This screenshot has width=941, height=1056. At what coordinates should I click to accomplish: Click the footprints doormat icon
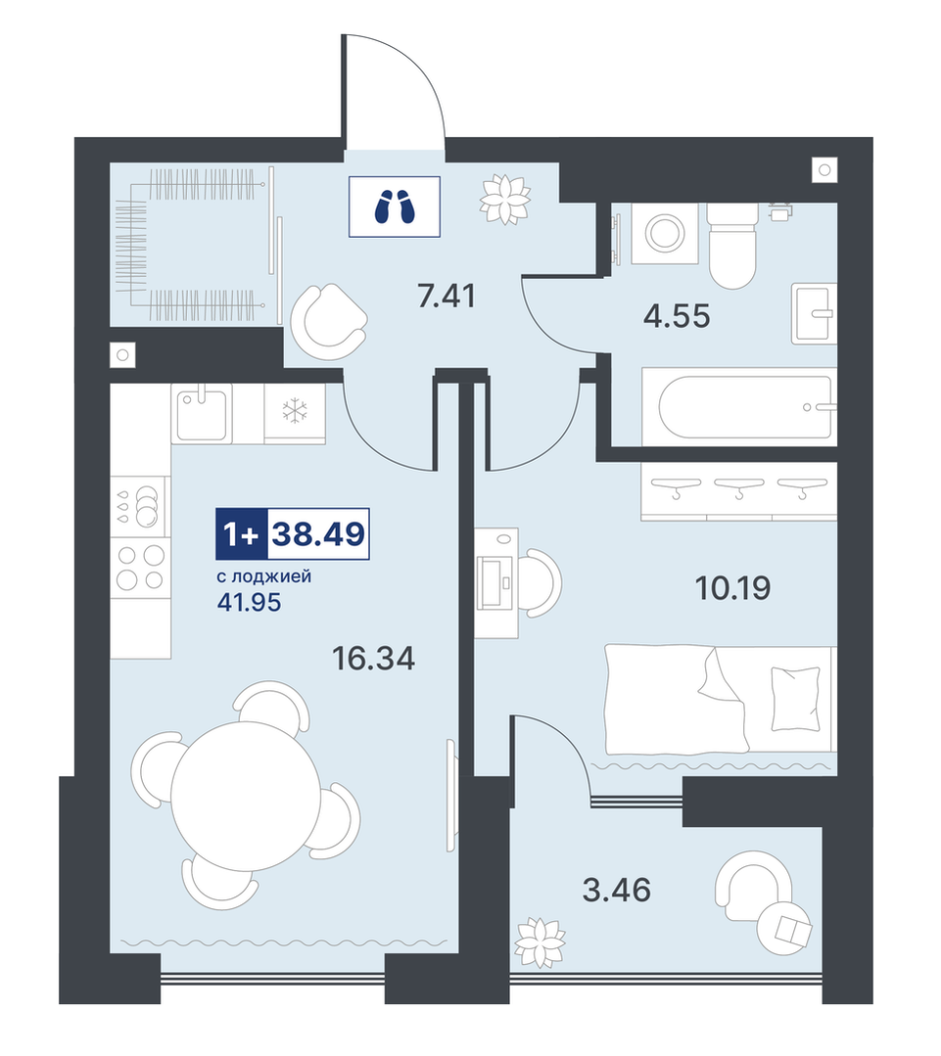(x=394, y=207)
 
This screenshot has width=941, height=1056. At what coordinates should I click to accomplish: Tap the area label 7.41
(x=447, y=296)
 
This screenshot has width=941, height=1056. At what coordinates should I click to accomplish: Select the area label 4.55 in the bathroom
(x=677, y=316)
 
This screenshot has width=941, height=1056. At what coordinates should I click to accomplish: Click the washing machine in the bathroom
(x=666, y=233)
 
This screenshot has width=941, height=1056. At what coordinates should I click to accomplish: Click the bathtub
(x=739, y=406)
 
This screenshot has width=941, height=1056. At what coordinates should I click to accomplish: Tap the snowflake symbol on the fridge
(x=295, y=411)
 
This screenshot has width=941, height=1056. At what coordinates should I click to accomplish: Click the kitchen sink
(x=202, y=413)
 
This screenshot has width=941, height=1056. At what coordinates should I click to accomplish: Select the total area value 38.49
(x=318, y=534)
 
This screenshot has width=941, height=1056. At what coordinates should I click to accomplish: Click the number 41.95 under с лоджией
(x=249, y=602)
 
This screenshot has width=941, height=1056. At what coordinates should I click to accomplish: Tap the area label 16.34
(x=374, y=659)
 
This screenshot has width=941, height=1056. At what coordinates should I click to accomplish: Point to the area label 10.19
(x=732, y=588)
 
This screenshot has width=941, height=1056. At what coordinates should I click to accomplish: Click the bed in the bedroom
(x=721, y=699)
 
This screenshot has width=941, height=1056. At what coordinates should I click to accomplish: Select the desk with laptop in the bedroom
(x=496, y=582)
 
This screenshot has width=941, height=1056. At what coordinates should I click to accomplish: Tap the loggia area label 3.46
(x=616, y=890)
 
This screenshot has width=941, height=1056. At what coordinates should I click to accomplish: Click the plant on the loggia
(x=541, y=942)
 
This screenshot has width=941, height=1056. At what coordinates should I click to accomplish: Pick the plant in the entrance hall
(x=504, y=199)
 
